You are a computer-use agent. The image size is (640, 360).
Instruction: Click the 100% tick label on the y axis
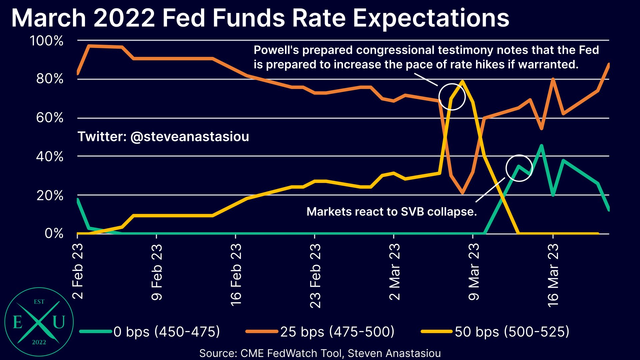click(47, 41)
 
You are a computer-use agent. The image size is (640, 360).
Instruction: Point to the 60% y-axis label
click(50, 118)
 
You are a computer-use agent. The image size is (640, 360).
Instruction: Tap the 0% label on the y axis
click(54, 233)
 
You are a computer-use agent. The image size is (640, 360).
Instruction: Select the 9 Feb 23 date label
click(157, 272)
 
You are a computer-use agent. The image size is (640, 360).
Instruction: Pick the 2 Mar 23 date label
click(395, 271)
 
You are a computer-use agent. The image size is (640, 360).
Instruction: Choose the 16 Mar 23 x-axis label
click(553, 275)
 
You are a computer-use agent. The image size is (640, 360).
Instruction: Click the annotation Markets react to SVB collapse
click(391, 212)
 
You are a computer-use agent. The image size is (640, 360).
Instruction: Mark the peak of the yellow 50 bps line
click(462, 81)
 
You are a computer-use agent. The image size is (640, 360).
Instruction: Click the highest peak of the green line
click(541, 145)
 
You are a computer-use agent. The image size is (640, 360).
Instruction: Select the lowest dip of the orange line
click(462, 193)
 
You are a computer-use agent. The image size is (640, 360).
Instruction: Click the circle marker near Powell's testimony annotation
click(452, 97)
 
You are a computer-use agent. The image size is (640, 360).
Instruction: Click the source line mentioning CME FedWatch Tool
click(320, 353)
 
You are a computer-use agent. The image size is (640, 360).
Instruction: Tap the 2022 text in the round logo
click(39, 342)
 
